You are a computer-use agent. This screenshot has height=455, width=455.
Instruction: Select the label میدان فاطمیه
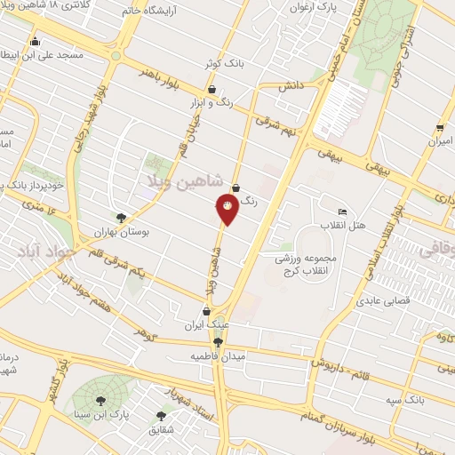[x=217, y=355]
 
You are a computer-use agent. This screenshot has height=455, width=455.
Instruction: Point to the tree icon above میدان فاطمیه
[x=218, y=341]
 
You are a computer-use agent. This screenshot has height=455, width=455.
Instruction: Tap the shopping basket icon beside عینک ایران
[x=207, y=312]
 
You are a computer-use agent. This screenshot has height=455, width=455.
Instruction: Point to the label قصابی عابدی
[x=380, y=300]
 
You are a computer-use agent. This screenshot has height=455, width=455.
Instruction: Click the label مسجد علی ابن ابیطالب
[x=53, y=54]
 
